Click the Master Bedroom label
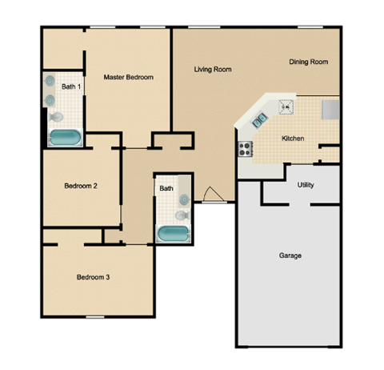pos(128,78)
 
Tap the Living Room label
pos(213,70)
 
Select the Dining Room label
pos(308,62)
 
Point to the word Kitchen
pos(293,139)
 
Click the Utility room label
pos(305,185)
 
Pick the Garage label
pos(289,256)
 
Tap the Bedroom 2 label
pos(81,186)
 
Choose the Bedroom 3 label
pos(93,278)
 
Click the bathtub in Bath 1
pos(64,138)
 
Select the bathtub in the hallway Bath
pos(171,234)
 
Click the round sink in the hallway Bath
pos(184,198)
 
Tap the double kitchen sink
pos(260,121)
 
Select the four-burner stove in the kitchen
pos(245,148)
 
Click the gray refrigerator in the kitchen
pos(330,109)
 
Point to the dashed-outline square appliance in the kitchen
pos(286,105)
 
